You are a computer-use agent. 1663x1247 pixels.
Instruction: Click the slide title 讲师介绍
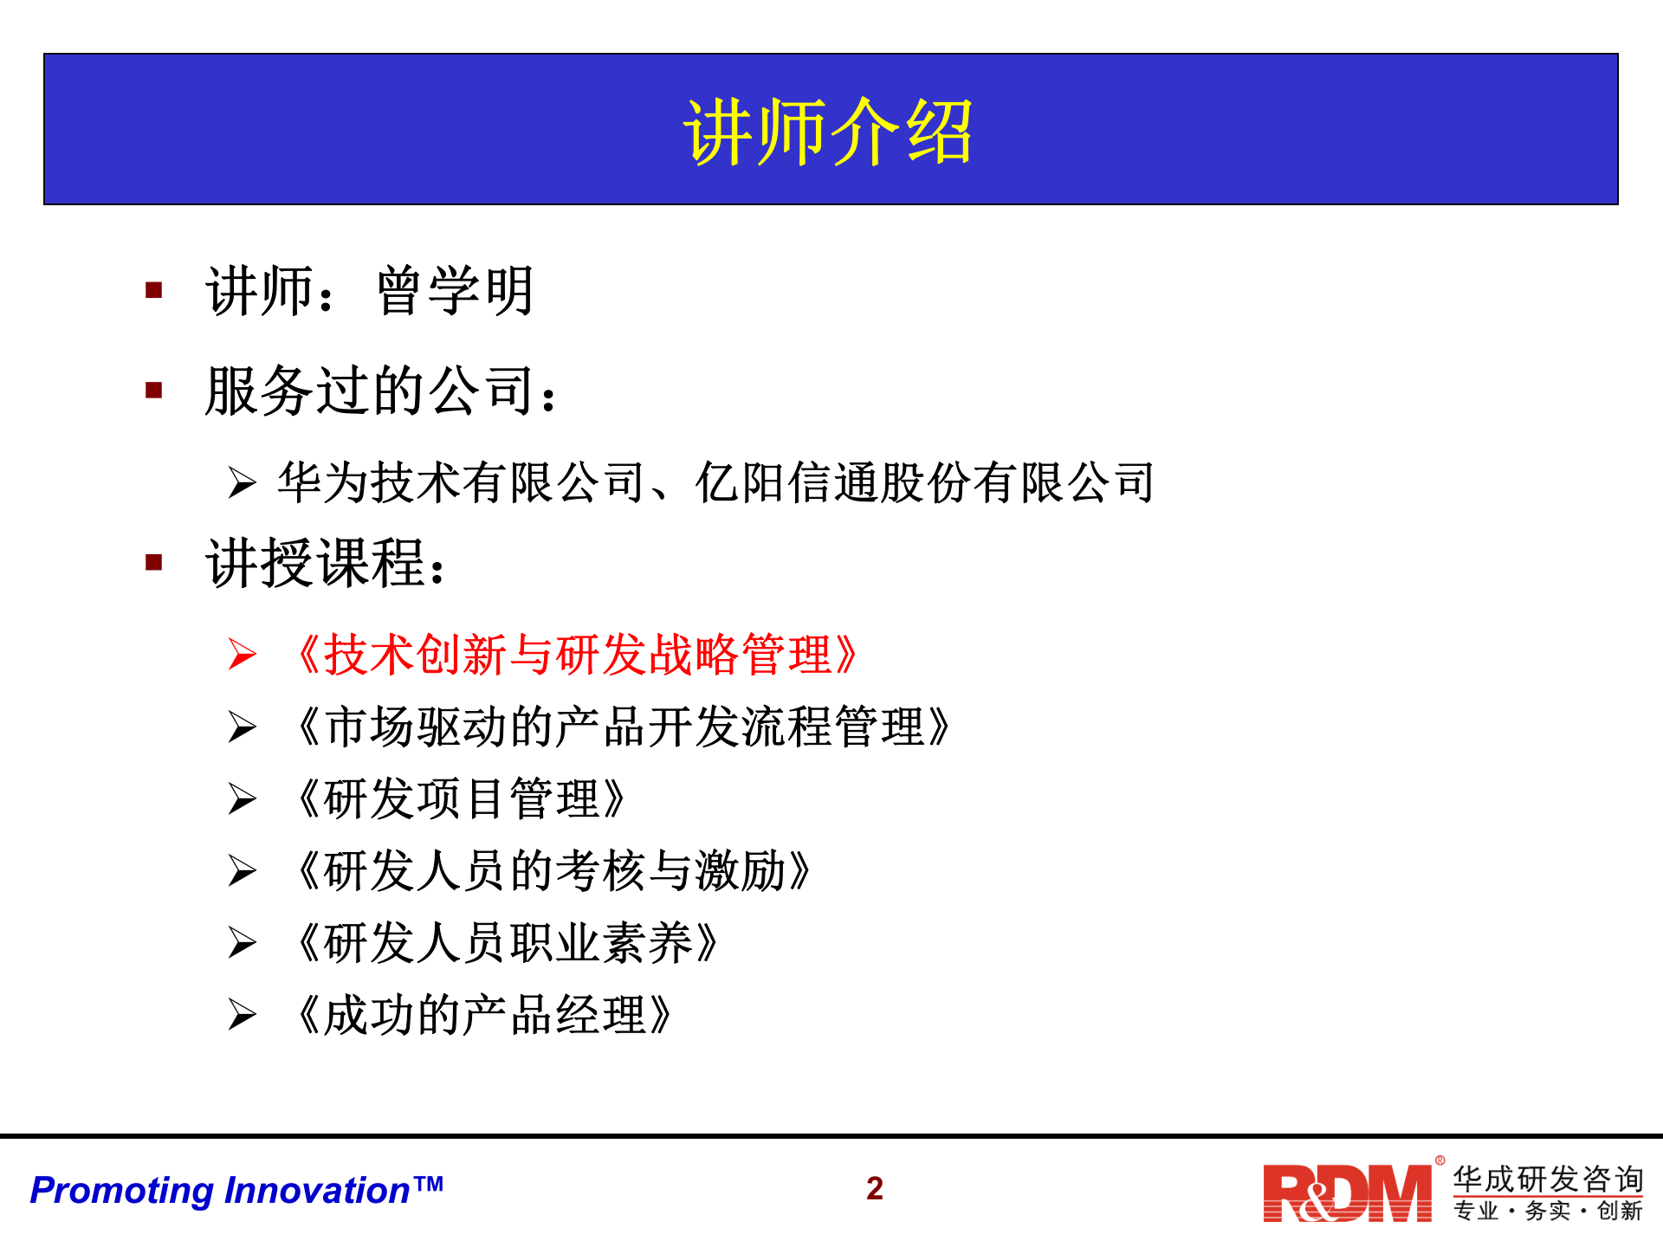(829, 132)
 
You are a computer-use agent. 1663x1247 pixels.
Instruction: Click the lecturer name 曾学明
(456, 291)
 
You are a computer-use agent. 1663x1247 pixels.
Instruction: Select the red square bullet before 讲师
(154, 290)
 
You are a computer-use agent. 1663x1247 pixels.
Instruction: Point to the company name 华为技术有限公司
(460, 482)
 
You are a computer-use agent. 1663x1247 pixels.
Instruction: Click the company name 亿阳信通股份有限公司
(925, 482)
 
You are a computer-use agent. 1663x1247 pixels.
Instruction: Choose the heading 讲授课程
(316, 564)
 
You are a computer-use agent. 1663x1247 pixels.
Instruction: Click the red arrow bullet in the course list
(243, 655)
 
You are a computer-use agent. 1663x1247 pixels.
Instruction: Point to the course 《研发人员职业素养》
(508, 943)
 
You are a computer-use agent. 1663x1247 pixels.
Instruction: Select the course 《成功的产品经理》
(484, 1015)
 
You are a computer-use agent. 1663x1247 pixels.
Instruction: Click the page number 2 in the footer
(875, 1189)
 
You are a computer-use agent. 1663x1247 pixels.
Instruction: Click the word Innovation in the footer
(318, 1191)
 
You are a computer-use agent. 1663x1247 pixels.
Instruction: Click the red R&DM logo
(1347, 1193)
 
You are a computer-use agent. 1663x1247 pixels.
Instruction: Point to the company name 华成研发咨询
(1548, 1179)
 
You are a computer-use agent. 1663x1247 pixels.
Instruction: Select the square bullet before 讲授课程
(154, 563)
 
